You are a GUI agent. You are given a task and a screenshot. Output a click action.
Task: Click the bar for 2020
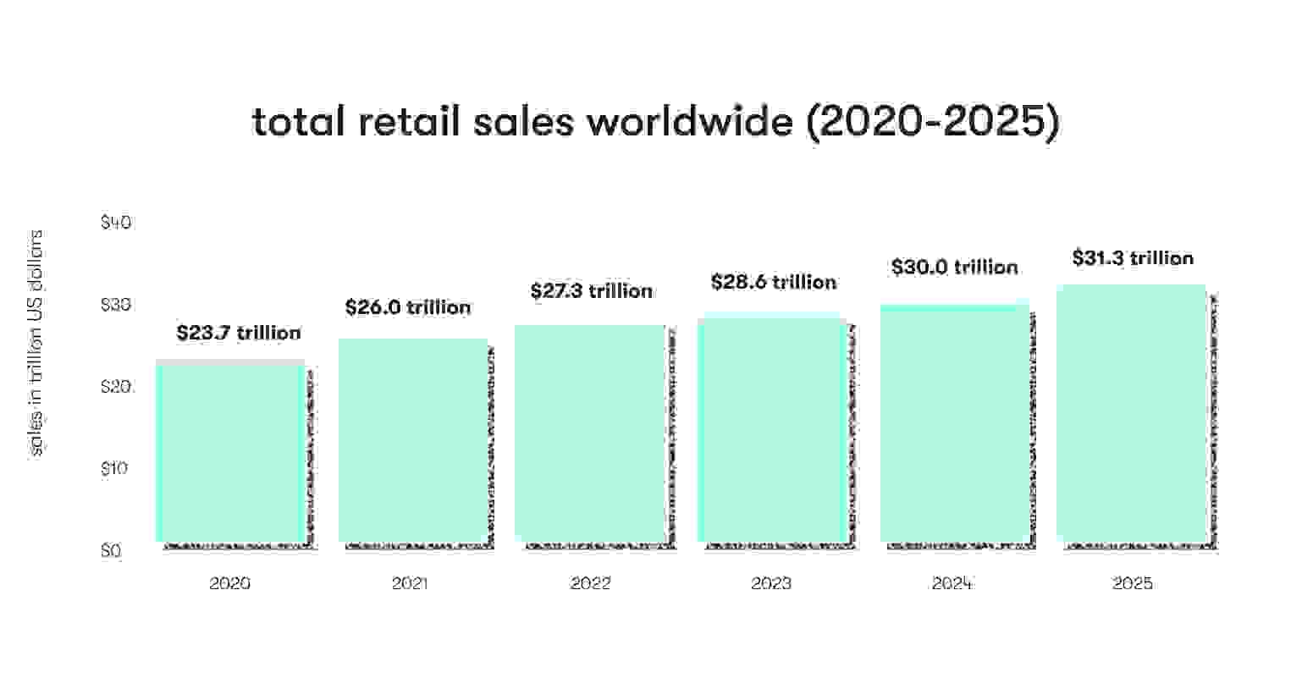pos(230,451)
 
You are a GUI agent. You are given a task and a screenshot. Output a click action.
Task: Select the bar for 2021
pos(413,440)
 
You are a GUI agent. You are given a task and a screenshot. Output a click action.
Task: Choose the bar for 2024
pos(953,423)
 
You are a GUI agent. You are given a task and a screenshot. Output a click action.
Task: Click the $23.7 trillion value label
pos(239,333)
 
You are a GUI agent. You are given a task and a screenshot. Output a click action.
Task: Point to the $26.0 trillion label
pos(408,307)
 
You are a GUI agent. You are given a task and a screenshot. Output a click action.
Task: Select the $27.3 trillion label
pos(592,291)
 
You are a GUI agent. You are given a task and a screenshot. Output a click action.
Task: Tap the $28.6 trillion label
pos(774,282)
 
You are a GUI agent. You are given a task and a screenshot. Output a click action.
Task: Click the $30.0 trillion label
pos(954,268)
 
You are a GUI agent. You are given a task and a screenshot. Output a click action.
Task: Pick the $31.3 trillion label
pos(1133,257)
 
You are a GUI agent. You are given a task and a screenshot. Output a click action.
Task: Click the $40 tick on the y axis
pos(116,223)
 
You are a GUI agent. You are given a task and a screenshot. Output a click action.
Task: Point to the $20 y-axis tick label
pos(116,387)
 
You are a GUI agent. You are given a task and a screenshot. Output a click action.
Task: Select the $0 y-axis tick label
pos(111,551)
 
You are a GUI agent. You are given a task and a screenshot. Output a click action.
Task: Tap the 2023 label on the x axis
pos(771,584)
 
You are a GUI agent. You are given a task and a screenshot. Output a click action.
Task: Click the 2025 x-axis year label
pos(1133,584)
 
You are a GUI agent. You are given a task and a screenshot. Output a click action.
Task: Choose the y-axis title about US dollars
pos(36,342)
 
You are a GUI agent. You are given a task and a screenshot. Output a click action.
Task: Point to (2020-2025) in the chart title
pos(931,123)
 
